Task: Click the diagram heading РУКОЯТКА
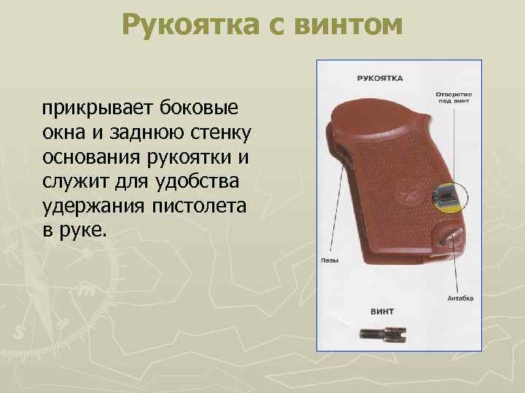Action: point(381,77)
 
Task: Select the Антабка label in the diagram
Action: point(460,298)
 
